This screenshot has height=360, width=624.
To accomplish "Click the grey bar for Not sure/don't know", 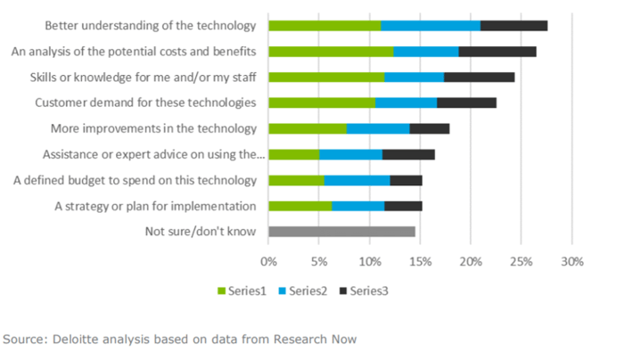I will click(341, 232).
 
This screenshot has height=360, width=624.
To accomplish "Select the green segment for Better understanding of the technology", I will click(324, 26).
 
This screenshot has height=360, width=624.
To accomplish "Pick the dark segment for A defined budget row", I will click(406, 181).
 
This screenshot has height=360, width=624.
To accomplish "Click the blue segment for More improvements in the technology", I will click(378, 129).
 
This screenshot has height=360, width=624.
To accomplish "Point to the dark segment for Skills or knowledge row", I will click(479, 78).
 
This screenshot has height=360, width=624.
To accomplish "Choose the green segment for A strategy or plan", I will click(300, 207).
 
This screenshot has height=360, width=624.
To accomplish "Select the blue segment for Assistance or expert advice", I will click(350, 155).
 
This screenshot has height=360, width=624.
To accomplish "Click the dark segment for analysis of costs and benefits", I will click(497, 52).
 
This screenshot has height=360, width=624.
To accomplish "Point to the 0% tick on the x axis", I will click(268, 262).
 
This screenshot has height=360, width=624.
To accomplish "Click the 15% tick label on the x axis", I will click(420, 262).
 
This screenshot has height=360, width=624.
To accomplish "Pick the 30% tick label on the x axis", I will click(572, 262).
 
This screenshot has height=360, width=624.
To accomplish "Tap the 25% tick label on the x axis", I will click(521, 262).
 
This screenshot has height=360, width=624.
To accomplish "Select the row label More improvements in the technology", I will click(153, 129).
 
